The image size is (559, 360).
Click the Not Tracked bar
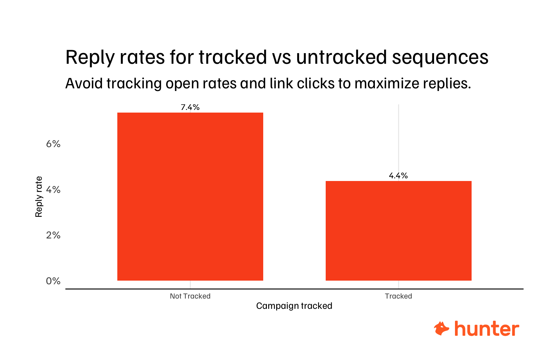click(x=190, y=197)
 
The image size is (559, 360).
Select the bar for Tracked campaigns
click(x=398, y=231)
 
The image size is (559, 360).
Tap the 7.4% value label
click(x=190, y=107)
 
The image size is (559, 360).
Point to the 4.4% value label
click(x=398, y=176)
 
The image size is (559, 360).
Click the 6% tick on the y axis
click(x=53, y=144)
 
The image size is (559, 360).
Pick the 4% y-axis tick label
click(x=53, y=190)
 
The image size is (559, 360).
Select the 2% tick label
click(x=53, y=235)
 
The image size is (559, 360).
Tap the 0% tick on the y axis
click(x=53, y=281)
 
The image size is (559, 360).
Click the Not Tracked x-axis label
click(x=190, y=296)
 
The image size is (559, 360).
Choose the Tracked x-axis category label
click(x=398, y=296)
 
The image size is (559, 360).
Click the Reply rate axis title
click(x=39, y=197)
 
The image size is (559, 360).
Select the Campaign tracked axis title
click(x=294, y=306)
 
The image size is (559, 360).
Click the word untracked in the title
click(x=342, y=57)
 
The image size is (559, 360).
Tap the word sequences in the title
click(x=440, y=57)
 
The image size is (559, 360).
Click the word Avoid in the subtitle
click(x=84, y=83)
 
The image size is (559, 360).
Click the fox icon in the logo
click(x=441, y=328)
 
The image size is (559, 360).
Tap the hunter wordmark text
click(x=487, y=329)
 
